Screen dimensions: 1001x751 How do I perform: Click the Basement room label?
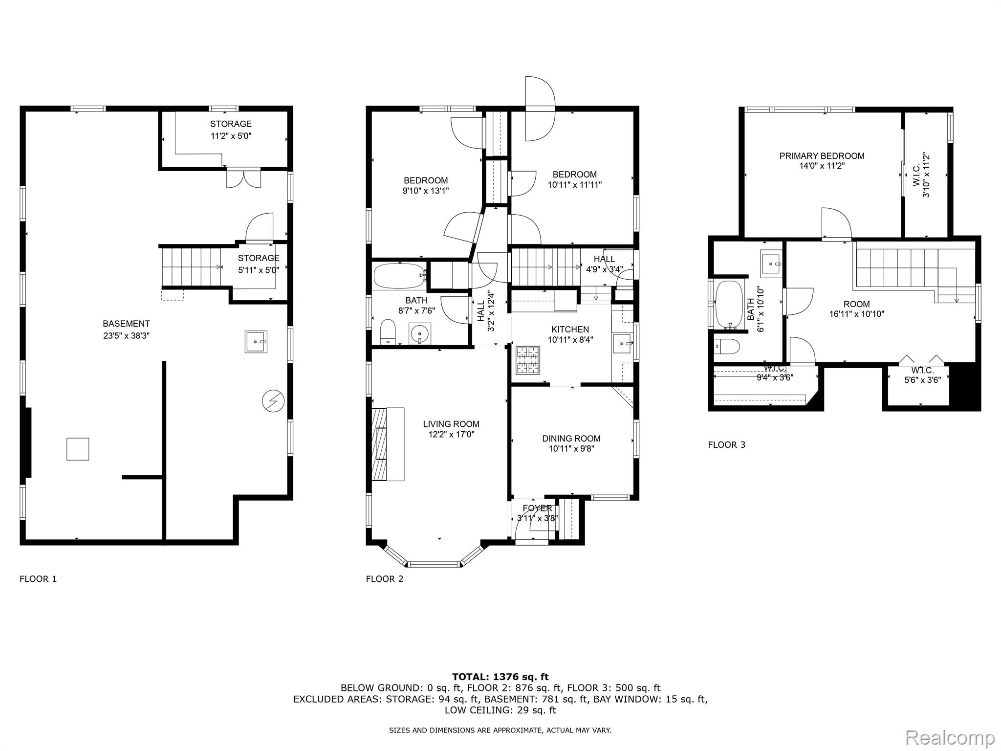[x=126, y=324]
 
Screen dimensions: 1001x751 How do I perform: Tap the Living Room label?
[x=451, y=424]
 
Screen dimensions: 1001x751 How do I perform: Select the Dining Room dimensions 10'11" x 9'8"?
[x=571, y=448]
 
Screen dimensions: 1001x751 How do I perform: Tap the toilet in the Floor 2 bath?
[x=388, y=332]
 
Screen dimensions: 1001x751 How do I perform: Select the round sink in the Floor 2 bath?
[x=420, y=334]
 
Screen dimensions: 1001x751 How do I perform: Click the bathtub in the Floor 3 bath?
[x=729, y=304]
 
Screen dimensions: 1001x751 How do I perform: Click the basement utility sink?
[x=256, y=341]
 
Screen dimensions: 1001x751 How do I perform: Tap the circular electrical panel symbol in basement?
[x=273, y=401]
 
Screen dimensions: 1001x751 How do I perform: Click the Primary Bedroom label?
[x=822, y=156]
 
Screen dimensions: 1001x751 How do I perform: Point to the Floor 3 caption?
[x=727, y=445]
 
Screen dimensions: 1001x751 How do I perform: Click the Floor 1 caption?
[x=38, y=579]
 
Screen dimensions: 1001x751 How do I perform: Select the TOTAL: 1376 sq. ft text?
[x=500, y=677]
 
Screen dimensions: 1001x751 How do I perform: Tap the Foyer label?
[x=537, y=508]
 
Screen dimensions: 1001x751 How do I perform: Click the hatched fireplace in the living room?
[x=379, y=444]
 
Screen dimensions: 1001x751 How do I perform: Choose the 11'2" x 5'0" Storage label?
[x=231, y=130]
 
